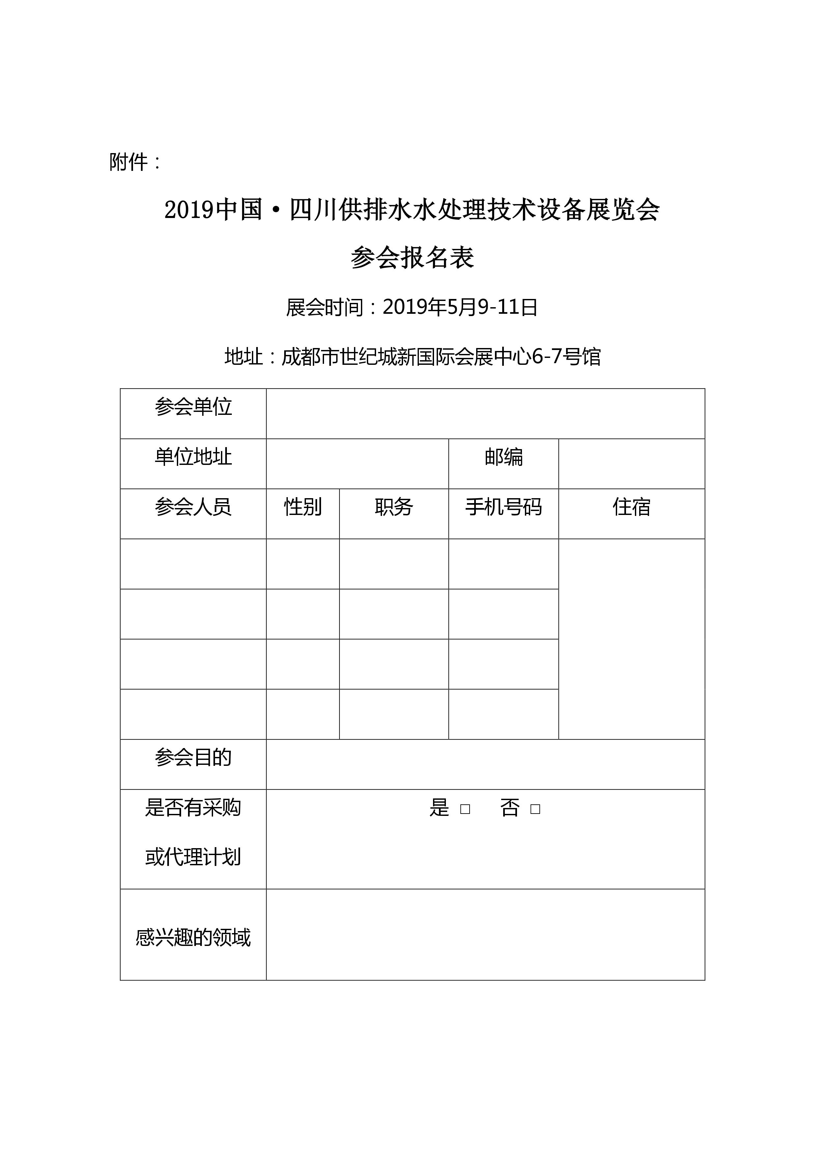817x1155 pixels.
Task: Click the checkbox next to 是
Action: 465,809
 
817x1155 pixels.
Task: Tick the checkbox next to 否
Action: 535,809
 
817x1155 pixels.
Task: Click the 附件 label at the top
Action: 129,162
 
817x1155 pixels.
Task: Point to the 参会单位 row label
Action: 193,407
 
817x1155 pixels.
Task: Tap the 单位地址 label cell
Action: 193,457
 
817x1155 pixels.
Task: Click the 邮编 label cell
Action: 504,457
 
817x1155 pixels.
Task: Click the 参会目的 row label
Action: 193,757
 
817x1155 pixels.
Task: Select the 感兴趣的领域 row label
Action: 193,937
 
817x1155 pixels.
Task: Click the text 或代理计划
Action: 193,857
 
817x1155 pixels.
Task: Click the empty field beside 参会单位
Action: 485,414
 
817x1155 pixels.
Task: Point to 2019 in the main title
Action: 189,210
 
